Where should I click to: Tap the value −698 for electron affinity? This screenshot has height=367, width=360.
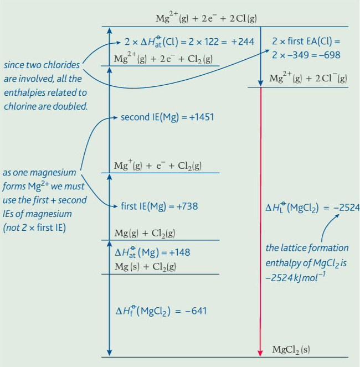(x=325, y=55)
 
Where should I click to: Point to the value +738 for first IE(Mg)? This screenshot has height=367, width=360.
(x=187, y=206)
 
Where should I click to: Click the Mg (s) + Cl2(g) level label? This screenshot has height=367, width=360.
(x=145, y=267)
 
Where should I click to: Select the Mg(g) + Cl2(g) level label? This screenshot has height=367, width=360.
(x=145, y=233)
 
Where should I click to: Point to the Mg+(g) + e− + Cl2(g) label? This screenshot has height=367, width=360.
(x=157, y=166)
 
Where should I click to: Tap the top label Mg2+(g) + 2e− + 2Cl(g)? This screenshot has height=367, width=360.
(x=206, y=18)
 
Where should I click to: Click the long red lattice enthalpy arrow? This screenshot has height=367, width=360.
(x=260, y=221)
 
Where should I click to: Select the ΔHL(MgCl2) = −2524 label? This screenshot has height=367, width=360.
(x=312, y=208)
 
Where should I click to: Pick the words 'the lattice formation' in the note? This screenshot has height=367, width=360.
(x=307, y=248)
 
